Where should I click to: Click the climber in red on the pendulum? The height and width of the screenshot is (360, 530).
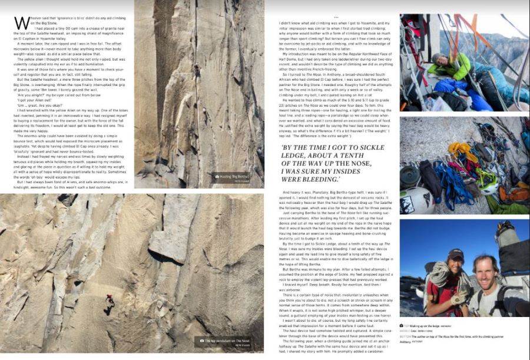[x=109, y=301]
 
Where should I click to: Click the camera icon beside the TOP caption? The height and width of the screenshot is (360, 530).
[x=402, y=325]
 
